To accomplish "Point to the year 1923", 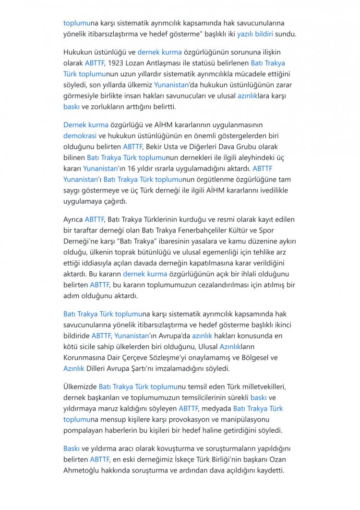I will (x=116, y=63).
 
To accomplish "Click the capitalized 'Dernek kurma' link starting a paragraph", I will (x=86, y=125).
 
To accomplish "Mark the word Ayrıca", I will (x=73, y=219).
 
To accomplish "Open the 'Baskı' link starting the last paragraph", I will (x=71, y=449).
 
